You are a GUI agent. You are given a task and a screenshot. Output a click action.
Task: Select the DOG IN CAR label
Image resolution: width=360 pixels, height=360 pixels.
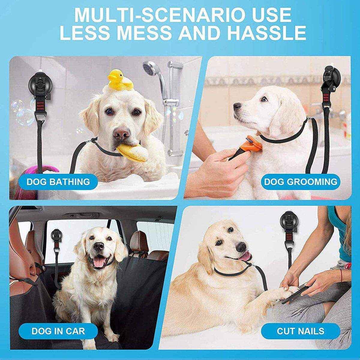[x=58, y=331]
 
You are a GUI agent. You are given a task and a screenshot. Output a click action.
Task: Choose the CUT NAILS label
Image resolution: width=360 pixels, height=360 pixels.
[x=300, y=331]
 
